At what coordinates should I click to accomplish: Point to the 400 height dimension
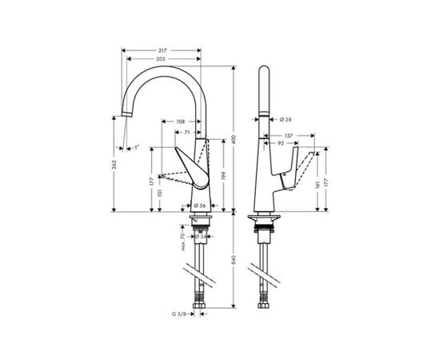coord(234,138)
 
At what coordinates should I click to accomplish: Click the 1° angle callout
coord(136,147)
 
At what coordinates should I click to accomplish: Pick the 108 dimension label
coord(182,123)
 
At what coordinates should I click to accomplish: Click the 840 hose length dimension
coord(234,260)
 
